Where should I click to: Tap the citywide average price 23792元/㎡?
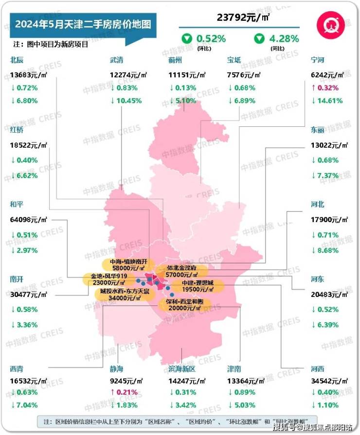pyautogui.click(x=243, y=18)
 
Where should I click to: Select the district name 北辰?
pyautogui.click(x=17, y=61)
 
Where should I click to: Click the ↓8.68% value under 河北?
pyautogui.click(x=325, y=250)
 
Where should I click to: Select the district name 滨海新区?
pyautogui.click(x=181, y=370)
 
